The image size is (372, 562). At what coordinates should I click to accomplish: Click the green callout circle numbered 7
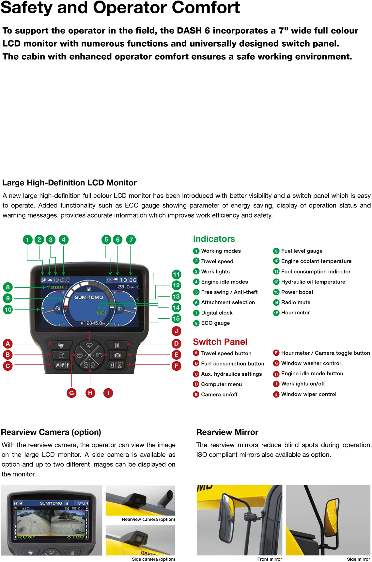coord(131,240)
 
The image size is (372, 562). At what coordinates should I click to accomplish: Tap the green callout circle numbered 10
coord(8,310)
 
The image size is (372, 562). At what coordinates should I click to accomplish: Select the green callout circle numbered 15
coord(176,318)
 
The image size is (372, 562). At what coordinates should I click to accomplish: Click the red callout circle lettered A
coord(8,343)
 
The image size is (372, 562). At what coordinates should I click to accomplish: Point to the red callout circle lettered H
coord(90,393)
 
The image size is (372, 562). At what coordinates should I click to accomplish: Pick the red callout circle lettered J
coord(176,331)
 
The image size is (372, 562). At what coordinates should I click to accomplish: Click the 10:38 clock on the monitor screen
coord(128,280)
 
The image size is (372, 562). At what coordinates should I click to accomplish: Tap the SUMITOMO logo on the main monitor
coord(89,297)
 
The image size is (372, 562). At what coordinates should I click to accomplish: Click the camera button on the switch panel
coord(117,355)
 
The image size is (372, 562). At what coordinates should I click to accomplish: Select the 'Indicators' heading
coord(214,239)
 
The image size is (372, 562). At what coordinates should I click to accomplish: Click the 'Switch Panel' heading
coord(220,342)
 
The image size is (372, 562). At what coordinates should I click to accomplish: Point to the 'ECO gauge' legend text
coord(215,323)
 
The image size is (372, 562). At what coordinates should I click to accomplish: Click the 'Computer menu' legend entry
coord(221,384)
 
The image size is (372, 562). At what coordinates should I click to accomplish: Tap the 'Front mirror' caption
coord(269,559)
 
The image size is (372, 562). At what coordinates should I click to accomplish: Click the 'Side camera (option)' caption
coord(153,559)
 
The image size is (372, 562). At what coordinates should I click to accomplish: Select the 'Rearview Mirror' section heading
coord(227,432)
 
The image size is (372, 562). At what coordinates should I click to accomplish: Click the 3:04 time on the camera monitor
coord(83,503)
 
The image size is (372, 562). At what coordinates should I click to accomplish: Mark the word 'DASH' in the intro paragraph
coord(189,31)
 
